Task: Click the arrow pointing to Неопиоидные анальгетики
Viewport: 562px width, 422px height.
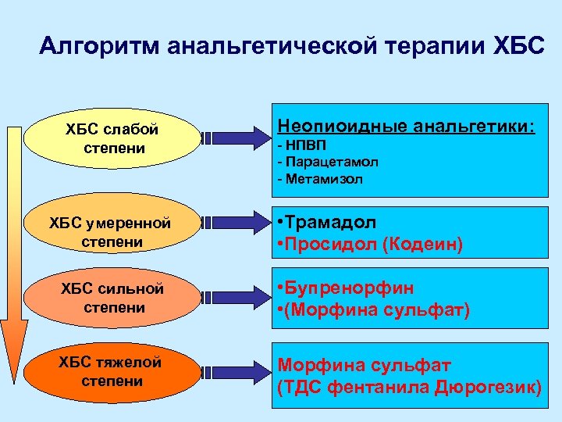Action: [x=234, y=138]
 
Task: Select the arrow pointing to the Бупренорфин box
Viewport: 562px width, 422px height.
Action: [x=234, y=298]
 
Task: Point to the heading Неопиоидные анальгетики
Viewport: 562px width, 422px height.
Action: [x=407, y=125]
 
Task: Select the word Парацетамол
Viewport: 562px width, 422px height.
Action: [x=327, y=163]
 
